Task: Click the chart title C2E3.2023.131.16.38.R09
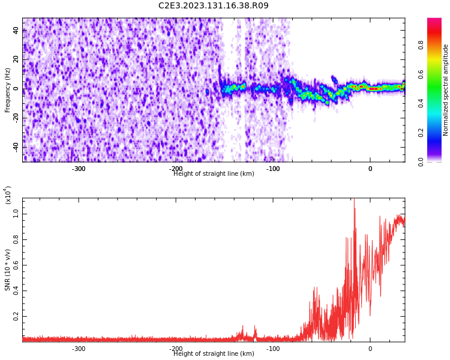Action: click(214, 6)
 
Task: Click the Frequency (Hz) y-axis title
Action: click(8, 89)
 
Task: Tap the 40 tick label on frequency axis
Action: click(16, 31)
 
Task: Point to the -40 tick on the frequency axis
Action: click(14, 147)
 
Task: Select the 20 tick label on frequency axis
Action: click(16, 60)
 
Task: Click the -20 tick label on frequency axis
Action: click(14, 118)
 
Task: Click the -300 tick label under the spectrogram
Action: click(79, 169)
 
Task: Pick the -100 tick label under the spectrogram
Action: click(273, 169)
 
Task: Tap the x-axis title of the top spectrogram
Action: click(214, 174)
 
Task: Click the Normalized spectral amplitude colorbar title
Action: click(446, 89)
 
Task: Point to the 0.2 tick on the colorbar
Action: click(437, 133)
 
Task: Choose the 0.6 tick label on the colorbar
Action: click(437, 74)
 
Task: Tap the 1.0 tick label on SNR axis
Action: click(16, 212)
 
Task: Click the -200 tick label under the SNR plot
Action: click(176, 349)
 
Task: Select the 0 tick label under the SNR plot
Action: click(370, 349)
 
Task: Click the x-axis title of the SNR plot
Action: click(214, 354)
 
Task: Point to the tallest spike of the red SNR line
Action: click(354, 200)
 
